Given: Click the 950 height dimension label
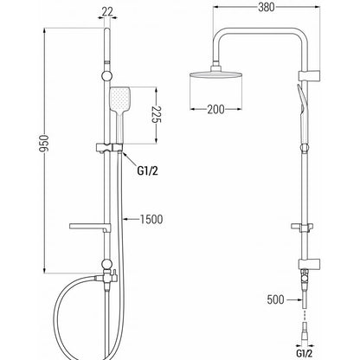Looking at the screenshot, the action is pos(44,143).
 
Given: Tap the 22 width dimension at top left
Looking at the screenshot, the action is pos(107,11).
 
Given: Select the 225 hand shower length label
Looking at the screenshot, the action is pos(157,114).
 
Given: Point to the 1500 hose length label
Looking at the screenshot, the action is pos(151,220).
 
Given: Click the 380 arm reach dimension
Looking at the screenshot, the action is pos(267,8).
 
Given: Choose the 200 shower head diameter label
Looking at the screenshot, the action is pos(215,109).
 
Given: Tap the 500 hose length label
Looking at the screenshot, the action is pos(275,299).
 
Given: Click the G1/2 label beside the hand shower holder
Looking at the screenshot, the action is pos(147,171).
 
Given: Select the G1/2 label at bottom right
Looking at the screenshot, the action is pos(305,353).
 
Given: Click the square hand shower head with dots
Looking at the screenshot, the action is pos(120,99).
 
